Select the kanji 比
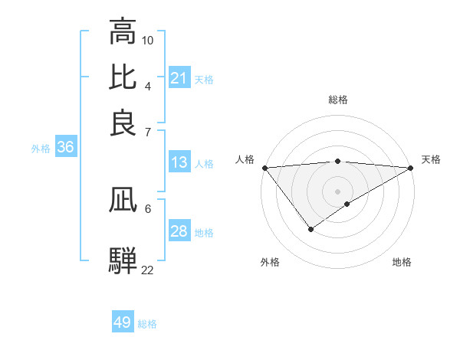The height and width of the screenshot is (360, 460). (x=123, y=77)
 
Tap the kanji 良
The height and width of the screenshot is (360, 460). (x=123, y=123)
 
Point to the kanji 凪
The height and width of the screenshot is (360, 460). (x=123, y=203)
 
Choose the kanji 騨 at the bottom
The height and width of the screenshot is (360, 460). (x=123, y=258)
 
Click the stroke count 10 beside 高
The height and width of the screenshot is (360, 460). (x=148, y=39)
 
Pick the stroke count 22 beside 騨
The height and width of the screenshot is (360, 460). (x=148, y=270)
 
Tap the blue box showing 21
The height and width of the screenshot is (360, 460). (x=179, y=78)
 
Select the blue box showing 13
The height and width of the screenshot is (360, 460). (x=179, y=162)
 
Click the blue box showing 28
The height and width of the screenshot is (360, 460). (x=179, y=231)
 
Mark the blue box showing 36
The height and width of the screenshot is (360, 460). (x=65, y=148)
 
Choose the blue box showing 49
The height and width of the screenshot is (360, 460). (x=123, y=322)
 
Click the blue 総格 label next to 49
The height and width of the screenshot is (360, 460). (x=148, y=324)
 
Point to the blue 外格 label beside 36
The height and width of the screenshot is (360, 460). (x=41, y=149)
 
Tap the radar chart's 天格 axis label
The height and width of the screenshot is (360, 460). (x=431, y=159)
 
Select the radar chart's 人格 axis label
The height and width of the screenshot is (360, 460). (x=245, y=159)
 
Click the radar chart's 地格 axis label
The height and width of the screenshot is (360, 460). (x=402, y=262)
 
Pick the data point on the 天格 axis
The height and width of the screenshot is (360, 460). (x=411, y=168)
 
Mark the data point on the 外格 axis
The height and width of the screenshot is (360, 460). (x=310, y=229)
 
